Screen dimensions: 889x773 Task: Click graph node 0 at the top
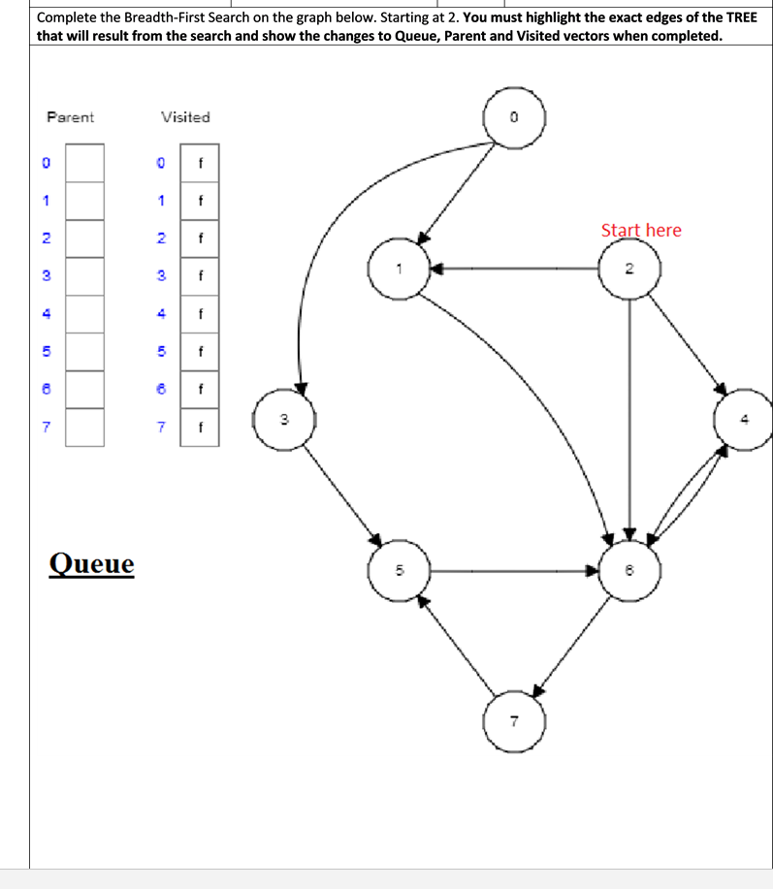515,117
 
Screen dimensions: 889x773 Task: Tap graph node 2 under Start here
630,268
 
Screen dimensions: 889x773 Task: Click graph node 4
744,419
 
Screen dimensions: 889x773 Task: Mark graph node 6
630,571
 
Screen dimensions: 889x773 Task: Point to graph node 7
515,721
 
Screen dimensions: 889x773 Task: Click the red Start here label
641,230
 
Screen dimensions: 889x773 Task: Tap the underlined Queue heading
92,563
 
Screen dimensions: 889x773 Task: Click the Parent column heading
71,117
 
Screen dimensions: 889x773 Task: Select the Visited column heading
185,117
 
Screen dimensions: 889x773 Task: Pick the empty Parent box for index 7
84,427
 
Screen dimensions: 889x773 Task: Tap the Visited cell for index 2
200,238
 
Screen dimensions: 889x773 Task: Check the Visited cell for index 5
200,352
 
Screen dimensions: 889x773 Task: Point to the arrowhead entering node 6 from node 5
591,571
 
